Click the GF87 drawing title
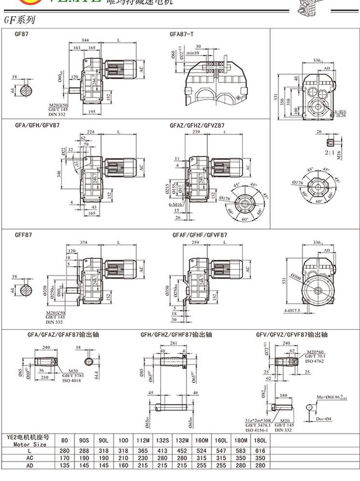coord(22,34)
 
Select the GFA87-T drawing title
coord(182,34)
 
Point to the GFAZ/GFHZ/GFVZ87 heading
coord(197,125)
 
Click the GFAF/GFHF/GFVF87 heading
coord(200,235)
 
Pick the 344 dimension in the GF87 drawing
coord(85,41)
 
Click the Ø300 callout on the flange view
coord(291,278)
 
